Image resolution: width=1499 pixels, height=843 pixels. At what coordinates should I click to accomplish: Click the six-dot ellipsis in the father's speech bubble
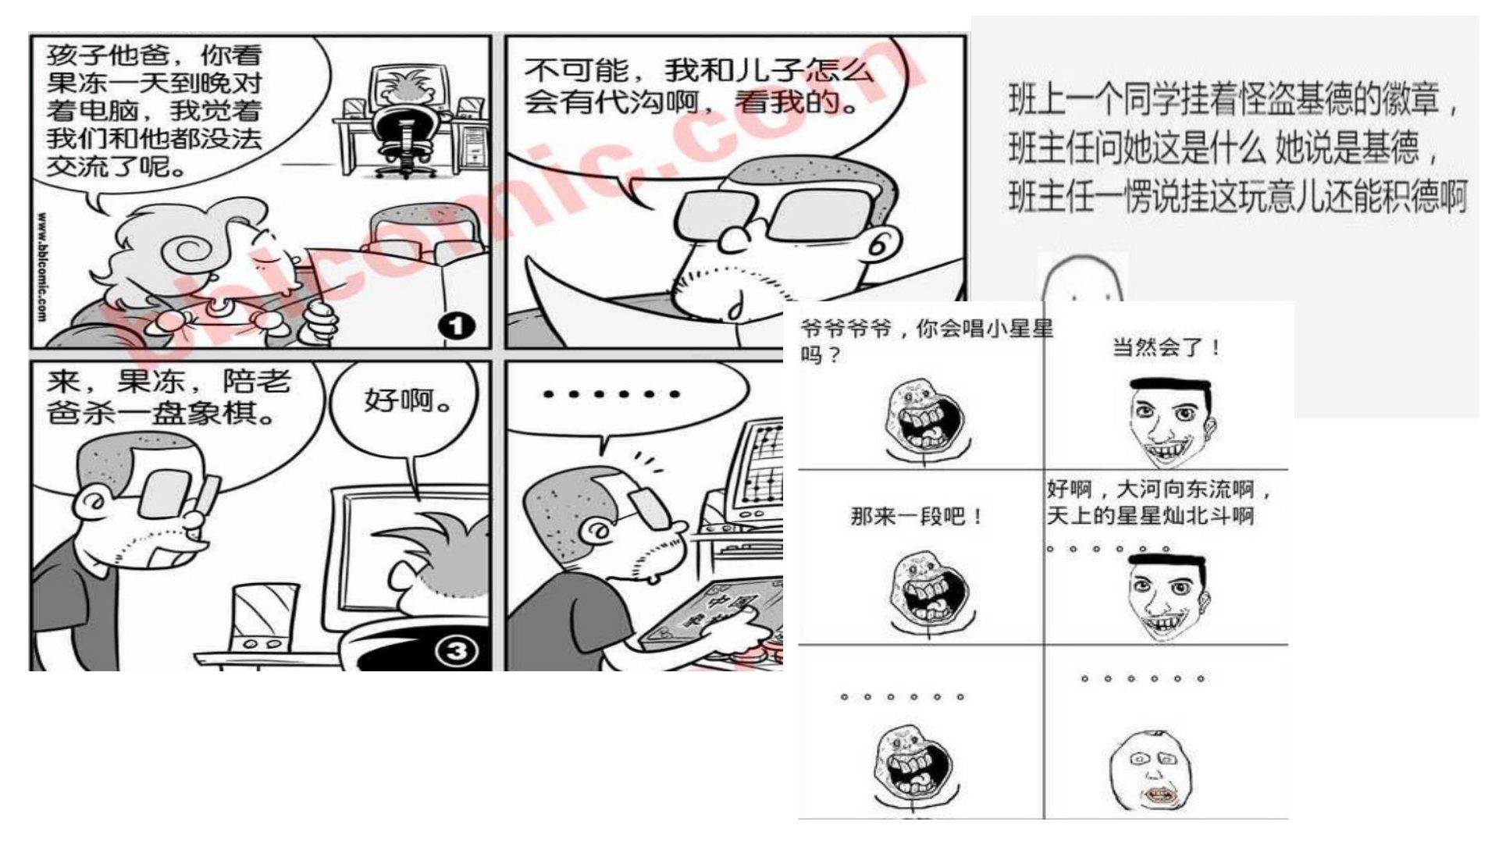(612, 395)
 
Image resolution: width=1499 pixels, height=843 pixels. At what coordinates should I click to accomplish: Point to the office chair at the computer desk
(403, 140)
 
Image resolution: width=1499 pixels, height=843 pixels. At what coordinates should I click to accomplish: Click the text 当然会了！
(1166, 347)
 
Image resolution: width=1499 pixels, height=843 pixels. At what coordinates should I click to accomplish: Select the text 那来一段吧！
(917, 516)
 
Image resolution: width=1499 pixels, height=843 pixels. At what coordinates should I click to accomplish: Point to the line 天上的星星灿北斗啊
(1150, 515)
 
